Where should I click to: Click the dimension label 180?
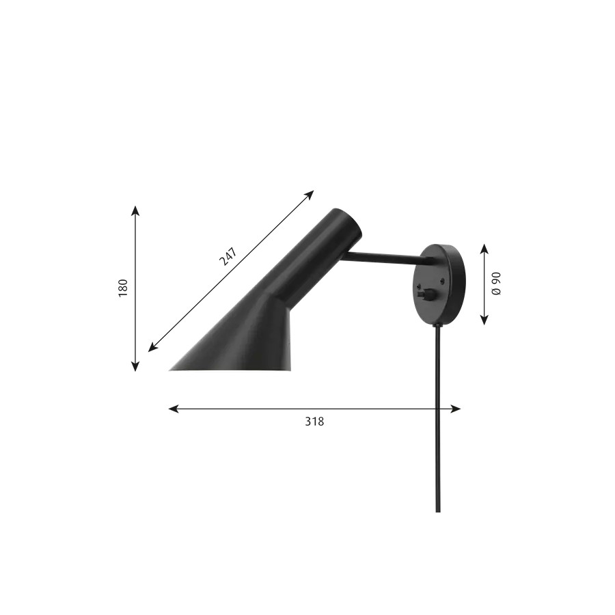[x=123, y=288]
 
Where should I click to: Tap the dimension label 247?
[x=228, y=256]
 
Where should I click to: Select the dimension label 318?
[x=314, y=421]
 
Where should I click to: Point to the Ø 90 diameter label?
[x=496, y=284]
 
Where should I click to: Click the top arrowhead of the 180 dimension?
[x=135, y=210]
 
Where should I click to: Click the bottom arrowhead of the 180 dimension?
[x=135, y=366]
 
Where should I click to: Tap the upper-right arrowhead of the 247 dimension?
[x=310, y=195]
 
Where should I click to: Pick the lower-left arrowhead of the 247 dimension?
[x=152, y=347]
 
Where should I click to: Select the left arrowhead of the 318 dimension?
[x=174, y=409]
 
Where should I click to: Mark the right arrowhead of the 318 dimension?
[x=456, y=409]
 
